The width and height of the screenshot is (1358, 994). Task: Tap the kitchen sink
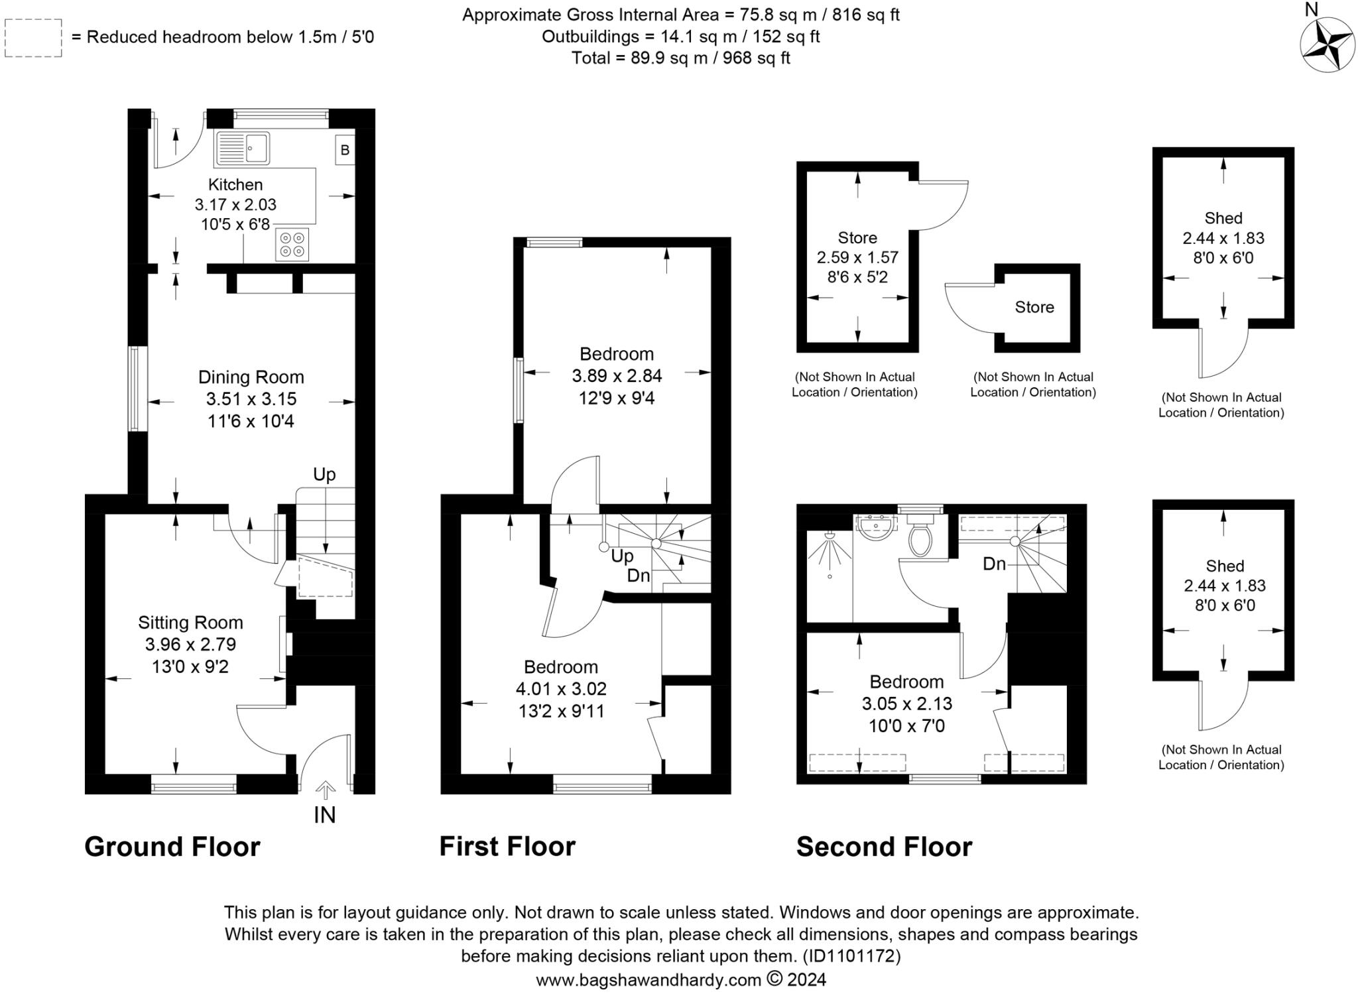click(243, 149)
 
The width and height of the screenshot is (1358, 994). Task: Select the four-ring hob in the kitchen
click(292, 243)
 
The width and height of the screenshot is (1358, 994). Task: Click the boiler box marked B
click(345, 150)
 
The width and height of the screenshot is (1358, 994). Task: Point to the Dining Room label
click(251, 377)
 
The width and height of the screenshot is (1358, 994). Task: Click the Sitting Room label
click(190, 623)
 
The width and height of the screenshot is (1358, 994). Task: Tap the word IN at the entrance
click(324, 814)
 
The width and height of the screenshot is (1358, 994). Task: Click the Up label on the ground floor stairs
click(324, 474)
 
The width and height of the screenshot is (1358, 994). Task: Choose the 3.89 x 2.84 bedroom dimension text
click(617, 376)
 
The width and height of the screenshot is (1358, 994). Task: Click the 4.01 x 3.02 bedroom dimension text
click(561, 689)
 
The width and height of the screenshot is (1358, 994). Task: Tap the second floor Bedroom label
click(906, 682)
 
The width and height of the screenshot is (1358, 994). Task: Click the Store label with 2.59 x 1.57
click(857, 237)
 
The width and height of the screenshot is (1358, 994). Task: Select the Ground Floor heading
click(172, 847)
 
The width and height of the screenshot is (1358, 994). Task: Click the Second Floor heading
click(884, 847)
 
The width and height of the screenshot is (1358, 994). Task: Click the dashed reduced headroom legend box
click(33, 38)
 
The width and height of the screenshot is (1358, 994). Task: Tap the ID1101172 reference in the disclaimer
click(851, 956)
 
